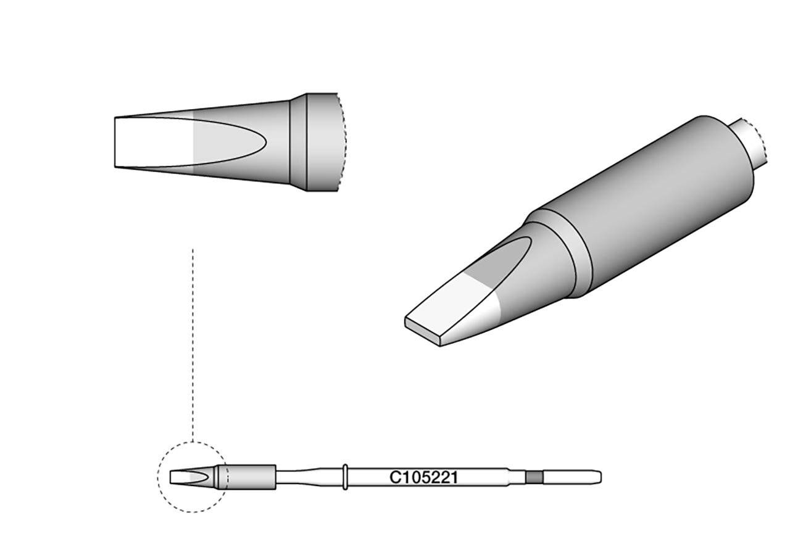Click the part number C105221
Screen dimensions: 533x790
tap(423, 477)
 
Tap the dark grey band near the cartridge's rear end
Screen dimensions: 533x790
tap(533, 477)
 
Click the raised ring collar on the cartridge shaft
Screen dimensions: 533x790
tap(346, 476)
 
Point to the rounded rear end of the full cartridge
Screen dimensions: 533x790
tap(599, 477)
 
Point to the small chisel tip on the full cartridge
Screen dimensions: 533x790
tap(185, 477)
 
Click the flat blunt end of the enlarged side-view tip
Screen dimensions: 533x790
tap(116, 142)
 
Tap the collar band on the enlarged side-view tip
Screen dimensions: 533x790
tap(299, 142)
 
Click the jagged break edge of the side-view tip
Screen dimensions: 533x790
tap(341, 142)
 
